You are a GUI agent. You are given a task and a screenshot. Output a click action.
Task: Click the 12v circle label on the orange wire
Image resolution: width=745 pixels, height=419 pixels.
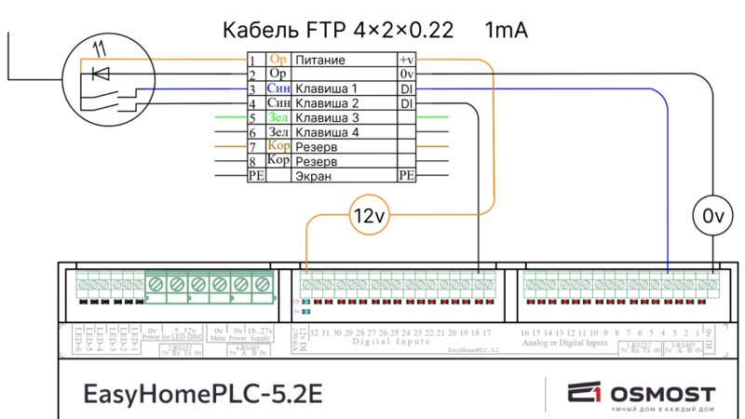click(368, 217)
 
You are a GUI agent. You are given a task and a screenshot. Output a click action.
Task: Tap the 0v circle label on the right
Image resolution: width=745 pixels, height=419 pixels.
click(712, 217)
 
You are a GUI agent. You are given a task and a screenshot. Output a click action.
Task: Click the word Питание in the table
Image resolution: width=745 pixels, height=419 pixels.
click(320, 60)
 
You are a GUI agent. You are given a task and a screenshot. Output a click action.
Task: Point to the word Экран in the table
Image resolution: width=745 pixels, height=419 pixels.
click(313, 175)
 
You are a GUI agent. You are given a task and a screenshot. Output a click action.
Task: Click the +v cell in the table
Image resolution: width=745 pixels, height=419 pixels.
click(406, 60)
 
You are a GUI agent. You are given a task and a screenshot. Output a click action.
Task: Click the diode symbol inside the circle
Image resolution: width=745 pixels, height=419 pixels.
click(102, 73)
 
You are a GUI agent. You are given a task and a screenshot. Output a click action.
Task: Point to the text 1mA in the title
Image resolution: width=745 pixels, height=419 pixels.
click(506, 31)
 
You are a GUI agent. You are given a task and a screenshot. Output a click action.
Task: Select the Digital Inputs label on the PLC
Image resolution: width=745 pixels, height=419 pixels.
click(392, 343)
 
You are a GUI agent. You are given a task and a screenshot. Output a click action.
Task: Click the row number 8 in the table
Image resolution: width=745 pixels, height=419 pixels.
click(251, 161)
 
